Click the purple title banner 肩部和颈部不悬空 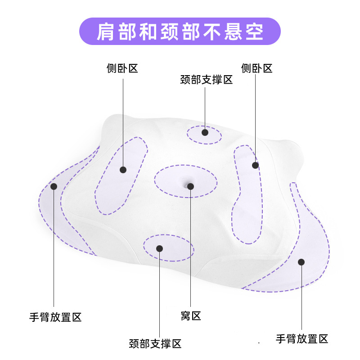click(180, 31)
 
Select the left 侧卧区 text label click(122, 68)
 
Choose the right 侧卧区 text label click(256, 68)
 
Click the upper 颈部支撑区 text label click(206, 80)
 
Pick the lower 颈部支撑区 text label click(155, 344)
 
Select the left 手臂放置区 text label click(55, 317)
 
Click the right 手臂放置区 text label click(302, 338)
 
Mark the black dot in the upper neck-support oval click(205, 132)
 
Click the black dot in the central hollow click(191, 186)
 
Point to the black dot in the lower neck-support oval click(159, 248)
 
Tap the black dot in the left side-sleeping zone click(123, 170)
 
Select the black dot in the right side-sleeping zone click(255, 165)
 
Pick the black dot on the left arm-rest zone click(54, 186)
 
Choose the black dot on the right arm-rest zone click(301, 261)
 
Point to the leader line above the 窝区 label click(191, 252)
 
